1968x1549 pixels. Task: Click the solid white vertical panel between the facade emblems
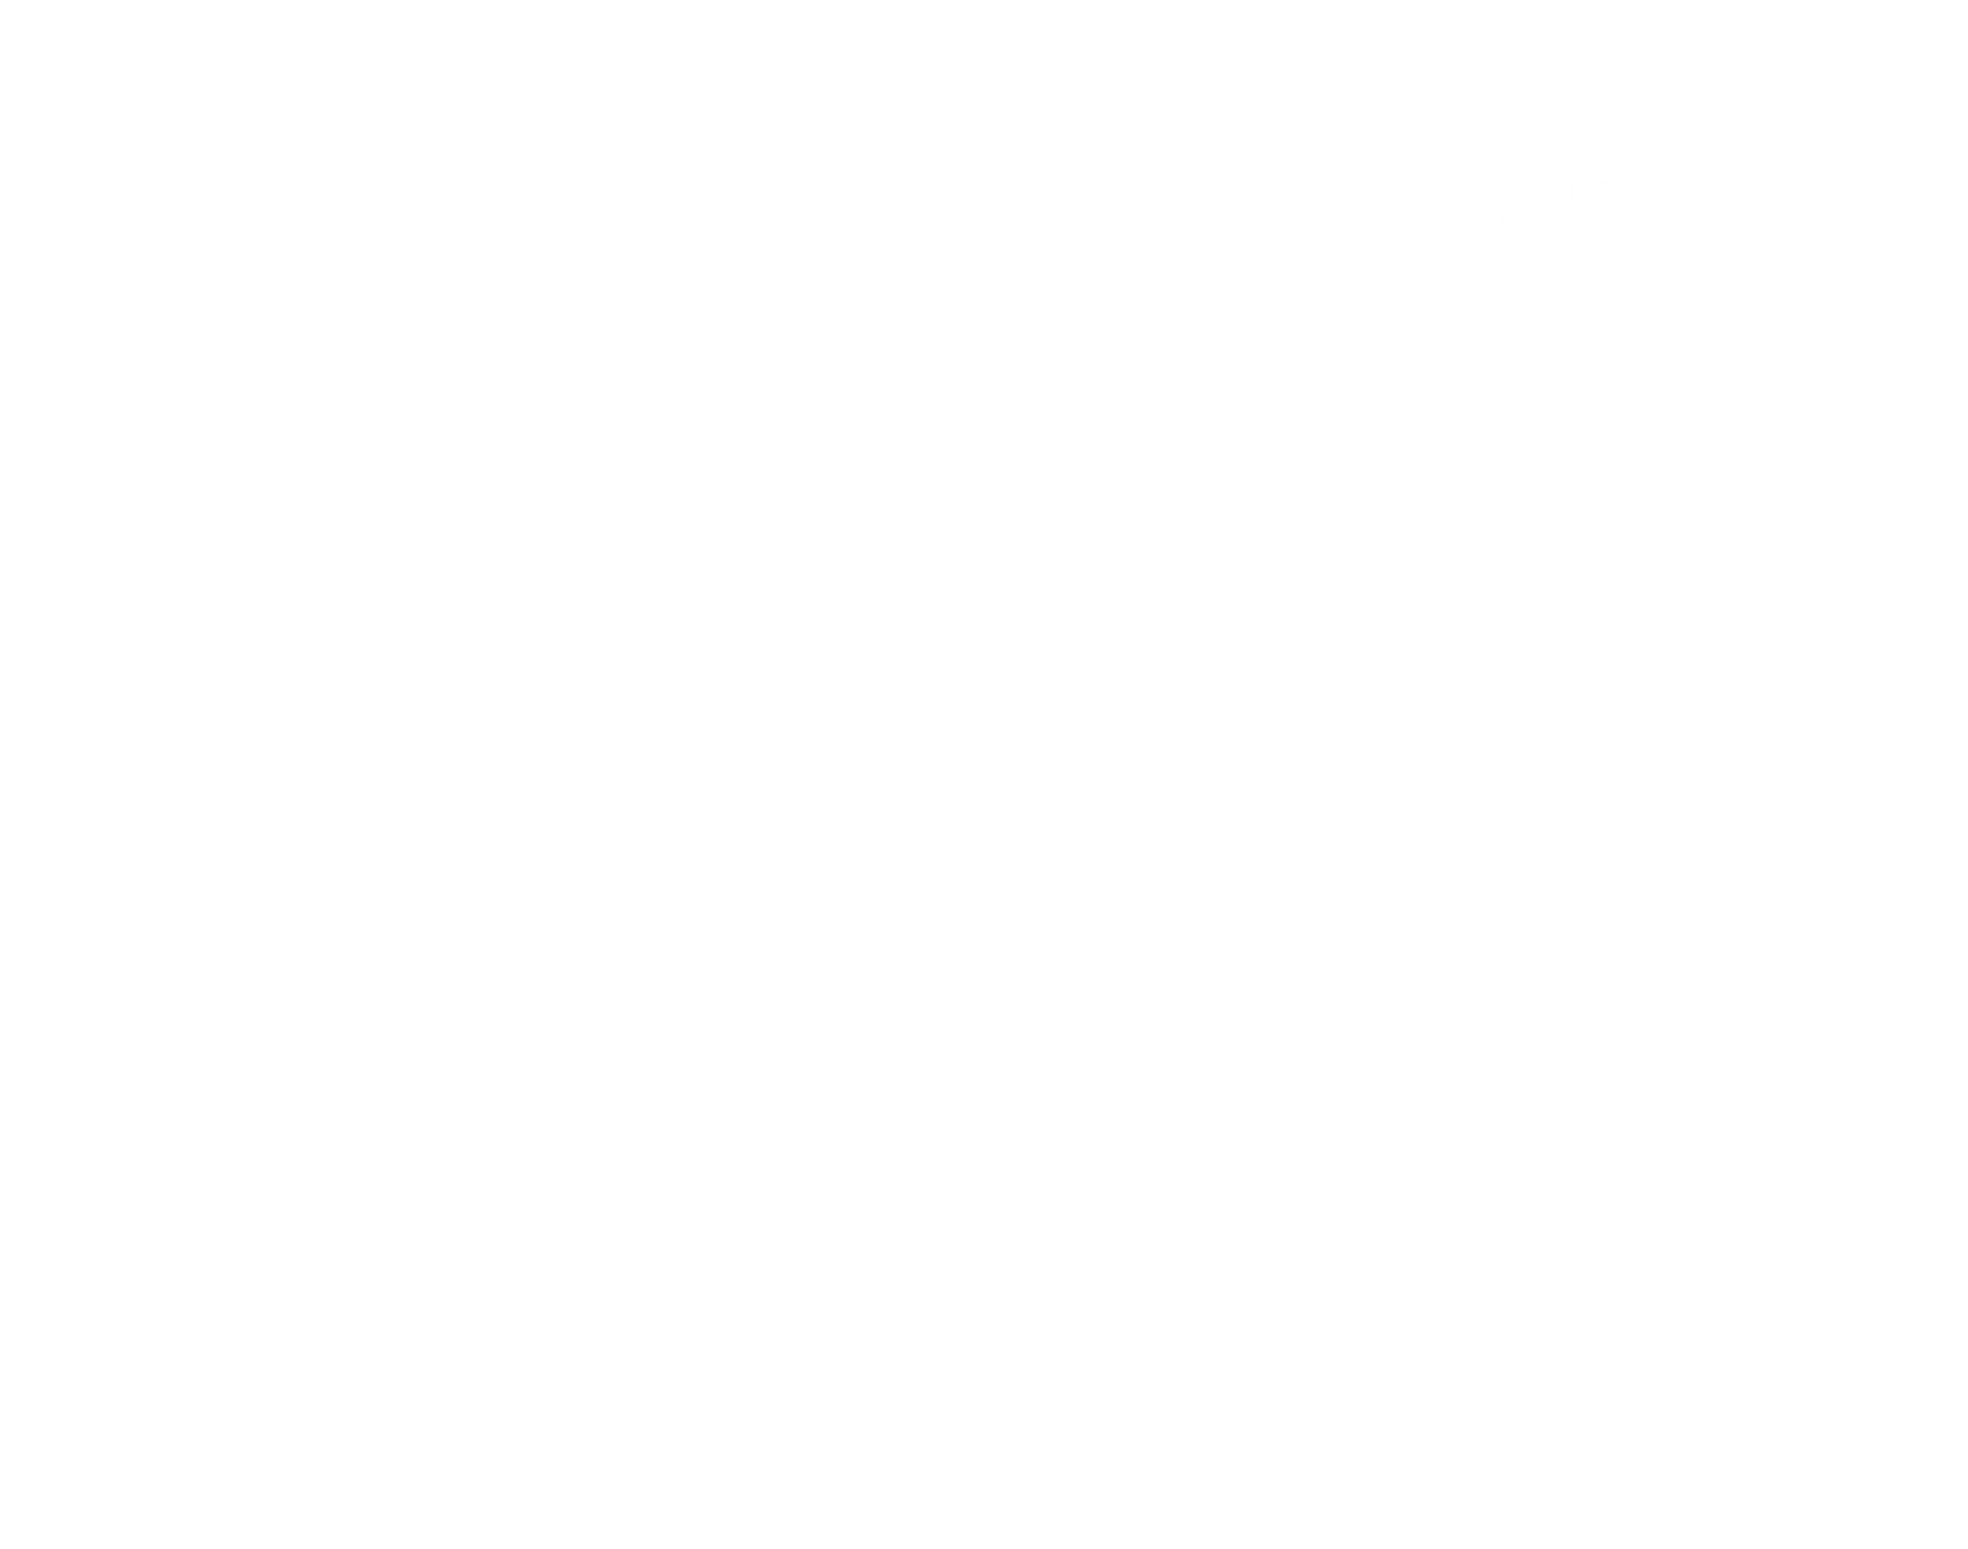[718, 463]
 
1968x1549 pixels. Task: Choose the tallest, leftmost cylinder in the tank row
[716, 1061]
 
